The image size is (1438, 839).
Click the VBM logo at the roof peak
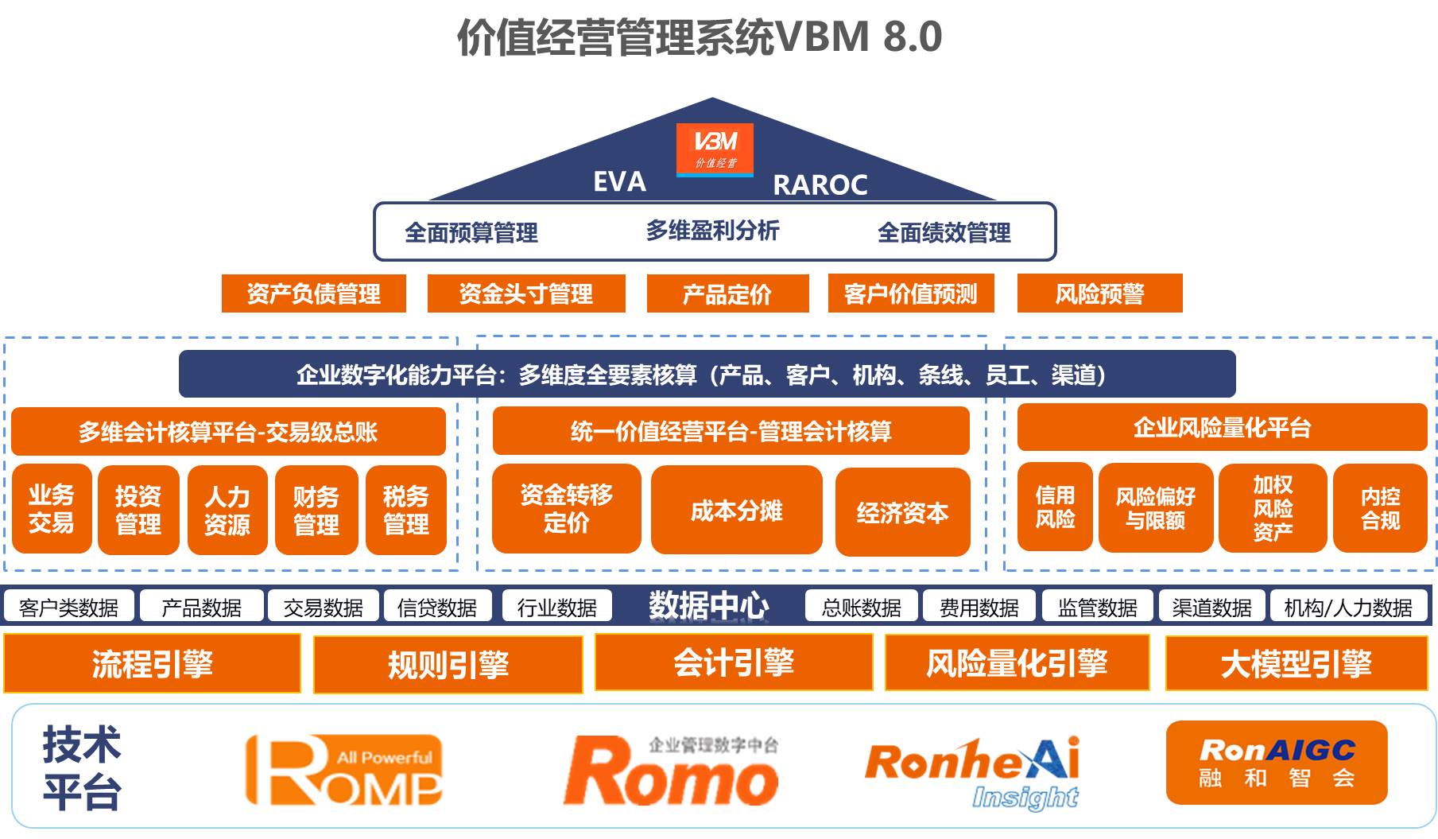[x=715, y=150]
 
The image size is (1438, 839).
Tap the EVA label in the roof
[x=619, y=182]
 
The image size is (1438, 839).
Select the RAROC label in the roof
[x=820, y=185]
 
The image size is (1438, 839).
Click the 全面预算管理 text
[x=471, y=233]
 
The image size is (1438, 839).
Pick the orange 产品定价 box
[x=727, y=294]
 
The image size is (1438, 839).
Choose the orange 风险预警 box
[x=1099, y=294]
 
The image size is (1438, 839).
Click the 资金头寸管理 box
[x=525, y=294]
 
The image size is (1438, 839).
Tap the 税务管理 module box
[x=406, y=511]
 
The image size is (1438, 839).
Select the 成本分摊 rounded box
[x=736, y=511]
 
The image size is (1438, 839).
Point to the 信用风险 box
[x=1055, y=507]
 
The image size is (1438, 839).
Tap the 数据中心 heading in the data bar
[x=708, y=606]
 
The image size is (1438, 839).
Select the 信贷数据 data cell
[x=436, y=608]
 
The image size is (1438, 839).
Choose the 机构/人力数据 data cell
[x=1348, y=608]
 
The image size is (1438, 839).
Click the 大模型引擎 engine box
[x=1296, y=663]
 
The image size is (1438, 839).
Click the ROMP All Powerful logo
[x=344, y=771]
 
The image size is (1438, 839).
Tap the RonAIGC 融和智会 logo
[x=1276, y=763]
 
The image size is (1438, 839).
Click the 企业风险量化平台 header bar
[x=1222, y=428]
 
